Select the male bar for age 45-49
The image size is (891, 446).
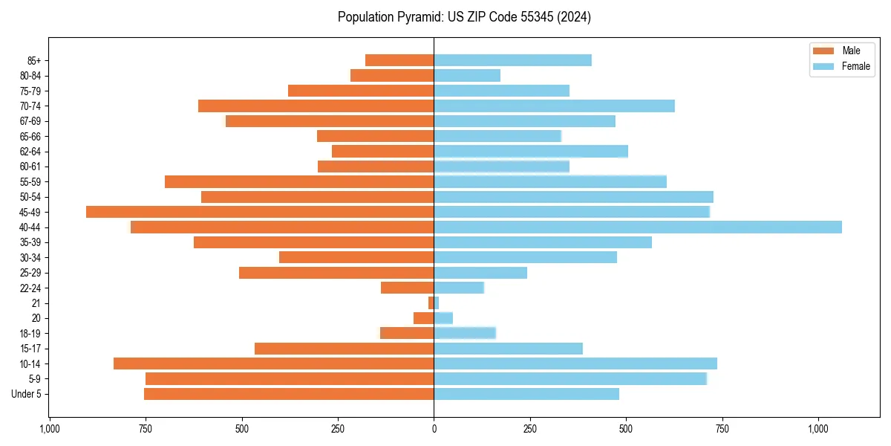pos(260,212)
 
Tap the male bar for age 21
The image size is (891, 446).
pos(431,303)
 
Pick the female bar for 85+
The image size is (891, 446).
pos(512,60)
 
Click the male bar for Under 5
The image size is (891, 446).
pos(289,394)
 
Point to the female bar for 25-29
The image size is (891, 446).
pos(480,273)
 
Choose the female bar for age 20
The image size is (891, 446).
pos(443,318)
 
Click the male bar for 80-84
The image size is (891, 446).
pos(392,75)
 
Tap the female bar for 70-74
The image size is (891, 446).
pos(554,106)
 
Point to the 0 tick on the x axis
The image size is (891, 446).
pos(434,429)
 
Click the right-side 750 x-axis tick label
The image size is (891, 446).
pos(722,429)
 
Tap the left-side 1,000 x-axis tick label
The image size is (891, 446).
pos(50,429)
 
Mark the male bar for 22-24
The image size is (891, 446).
pos(407,288)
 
